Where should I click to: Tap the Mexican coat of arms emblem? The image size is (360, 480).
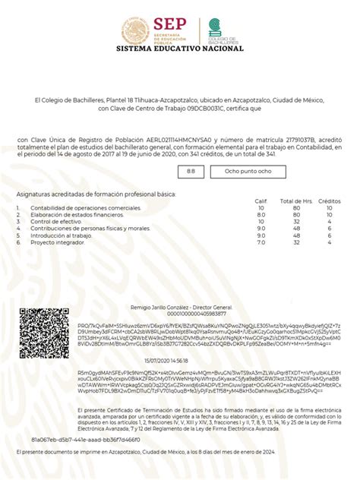point(136,30)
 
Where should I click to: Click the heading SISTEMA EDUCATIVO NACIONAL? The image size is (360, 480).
point(180,49)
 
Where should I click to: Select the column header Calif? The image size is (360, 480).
point(261,201)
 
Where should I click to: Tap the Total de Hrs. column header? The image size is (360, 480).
point(296,201)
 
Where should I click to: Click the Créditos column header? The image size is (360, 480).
point(330,201)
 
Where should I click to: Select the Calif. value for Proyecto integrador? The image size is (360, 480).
point(261,242)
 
